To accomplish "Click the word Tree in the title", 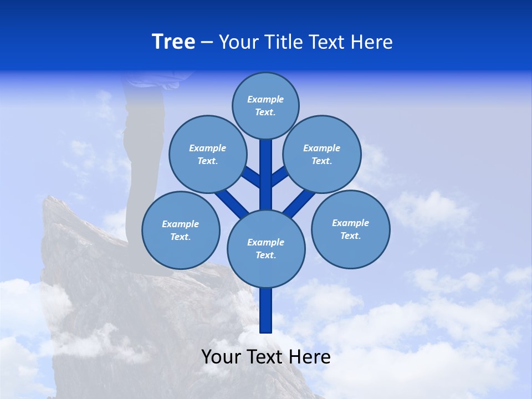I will pos(173,42).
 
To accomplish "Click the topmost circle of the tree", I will pos(265,105).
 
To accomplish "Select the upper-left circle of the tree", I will pos(207,154).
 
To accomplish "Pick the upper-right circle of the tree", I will pos(321,154).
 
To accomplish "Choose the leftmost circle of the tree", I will pos(181,230).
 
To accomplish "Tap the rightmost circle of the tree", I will pos(350,229).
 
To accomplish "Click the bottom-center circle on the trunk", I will pos(266,248).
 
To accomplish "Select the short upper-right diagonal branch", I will pos(279,176).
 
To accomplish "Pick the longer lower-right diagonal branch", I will pos(299,202).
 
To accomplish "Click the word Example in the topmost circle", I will pos(265,99).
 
